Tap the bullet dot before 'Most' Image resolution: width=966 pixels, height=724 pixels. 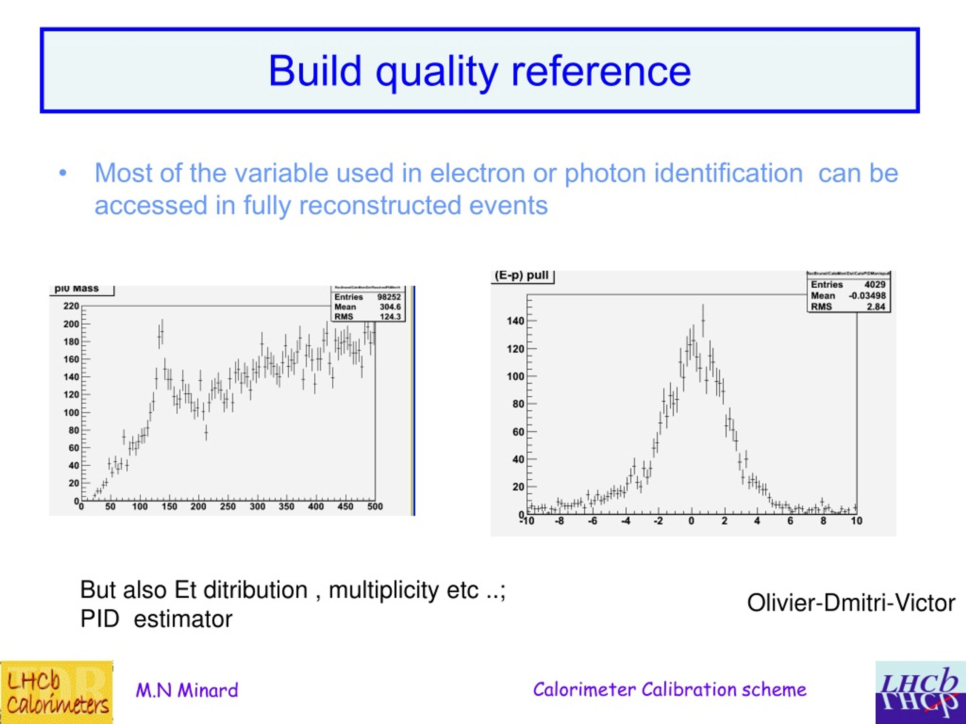63,173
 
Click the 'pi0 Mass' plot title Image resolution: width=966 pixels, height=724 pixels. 77,288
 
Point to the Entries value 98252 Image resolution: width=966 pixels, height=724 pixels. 389,297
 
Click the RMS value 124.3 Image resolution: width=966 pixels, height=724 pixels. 390,317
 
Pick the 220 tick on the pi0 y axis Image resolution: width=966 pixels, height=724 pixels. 71,306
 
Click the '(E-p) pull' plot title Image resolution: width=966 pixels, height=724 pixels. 521,275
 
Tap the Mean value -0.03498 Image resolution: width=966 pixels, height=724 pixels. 867,296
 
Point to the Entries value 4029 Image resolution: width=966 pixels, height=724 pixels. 875,285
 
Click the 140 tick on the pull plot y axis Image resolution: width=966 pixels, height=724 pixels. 515,321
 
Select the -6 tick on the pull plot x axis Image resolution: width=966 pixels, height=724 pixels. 592,521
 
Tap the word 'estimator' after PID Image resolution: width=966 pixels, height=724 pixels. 183,619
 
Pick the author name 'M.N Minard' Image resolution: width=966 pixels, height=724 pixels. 187,690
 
